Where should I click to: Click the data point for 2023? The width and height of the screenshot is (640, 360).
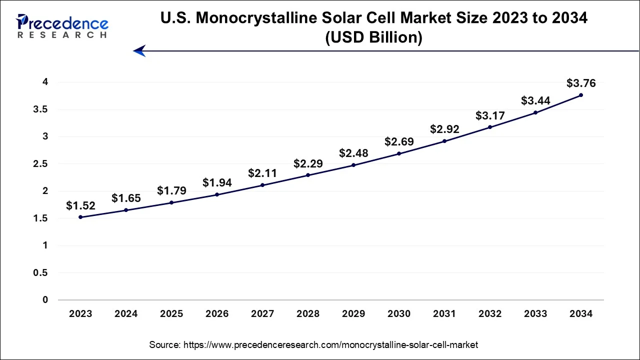(x=80, y=217)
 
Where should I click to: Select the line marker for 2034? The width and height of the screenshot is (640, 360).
(x=581, y=95)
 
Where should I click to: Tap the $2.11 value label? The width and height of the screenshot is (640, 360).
(x=262, y=173)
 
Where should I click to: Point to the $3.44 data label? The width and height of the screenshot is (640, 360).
(x=535, y=100)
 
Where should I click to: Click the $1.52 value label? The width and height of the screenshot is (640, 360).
(x=80, y=205)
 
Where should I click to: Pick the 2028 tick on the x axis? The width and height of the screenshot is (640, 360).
(x=308, y=314)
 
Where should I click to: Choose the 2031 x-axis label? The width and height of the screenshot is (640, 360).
(x=444, y=314)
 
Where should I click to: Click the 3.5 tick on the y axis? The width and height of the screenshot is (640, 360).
(x=41, y=109)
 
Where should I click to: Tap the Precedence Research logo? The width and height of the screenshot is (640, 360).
(x=62, y=26)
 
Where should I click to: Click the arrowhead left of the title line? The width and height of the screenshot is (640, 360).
(x=139, y=50)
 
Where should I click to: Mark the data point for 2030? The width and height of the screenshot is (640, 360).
(x=399, y=153)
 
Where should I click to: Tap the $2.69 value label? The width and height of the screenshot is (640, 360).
(x=399, y=142)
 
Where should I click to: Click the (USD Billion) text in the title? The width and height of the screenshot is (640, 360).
(x=373, y=37)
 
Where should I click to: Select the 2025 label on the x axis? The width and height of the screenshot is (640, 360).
(x=171, y=314)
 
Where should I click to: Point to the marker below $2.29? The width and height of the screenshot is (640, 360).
(x=308, y=175)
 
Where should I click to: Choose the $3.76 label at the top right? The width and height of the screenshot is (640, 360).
(x=581, y=83)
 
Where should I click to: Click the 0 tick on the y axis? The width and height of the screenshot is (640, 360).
(x=45, y=300)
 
